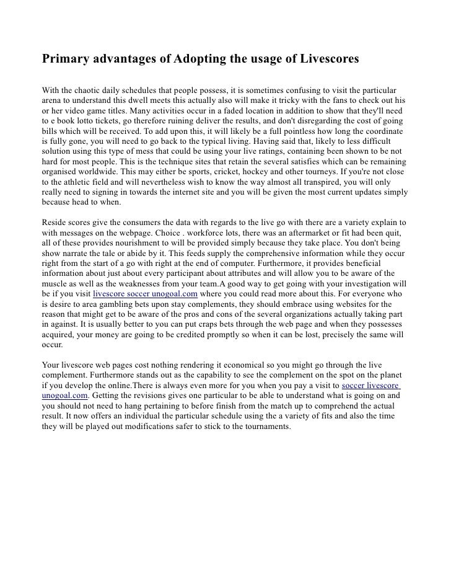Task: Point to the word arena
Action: (x=53, y=100)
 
